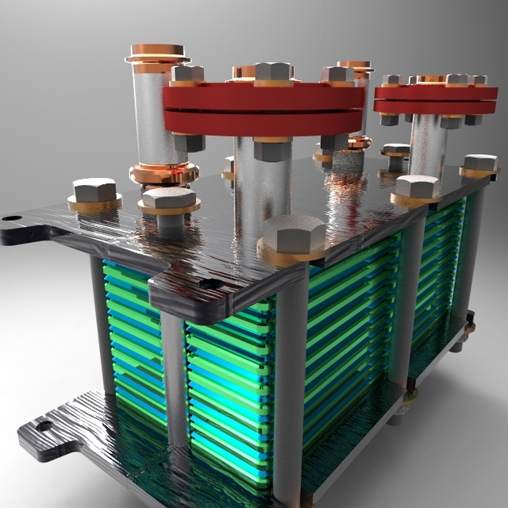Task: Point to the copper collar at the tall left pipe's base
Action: [x=162, y=173]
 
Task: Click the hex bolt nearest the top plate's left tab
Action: [x=94, y=191]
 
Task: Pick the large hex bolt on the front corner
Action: [x=293, y=233]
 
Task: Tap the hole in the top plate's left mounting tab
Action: [x=10, y=217]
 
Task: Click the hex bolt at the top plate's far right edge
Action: [x=479, y=164]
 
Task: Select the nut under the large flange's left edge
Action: [x=187, y=143]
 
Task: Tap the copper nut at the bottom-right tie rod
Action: [x=410, y=394]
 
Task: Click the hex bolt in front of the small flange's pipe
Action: [x=417, y=187]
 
